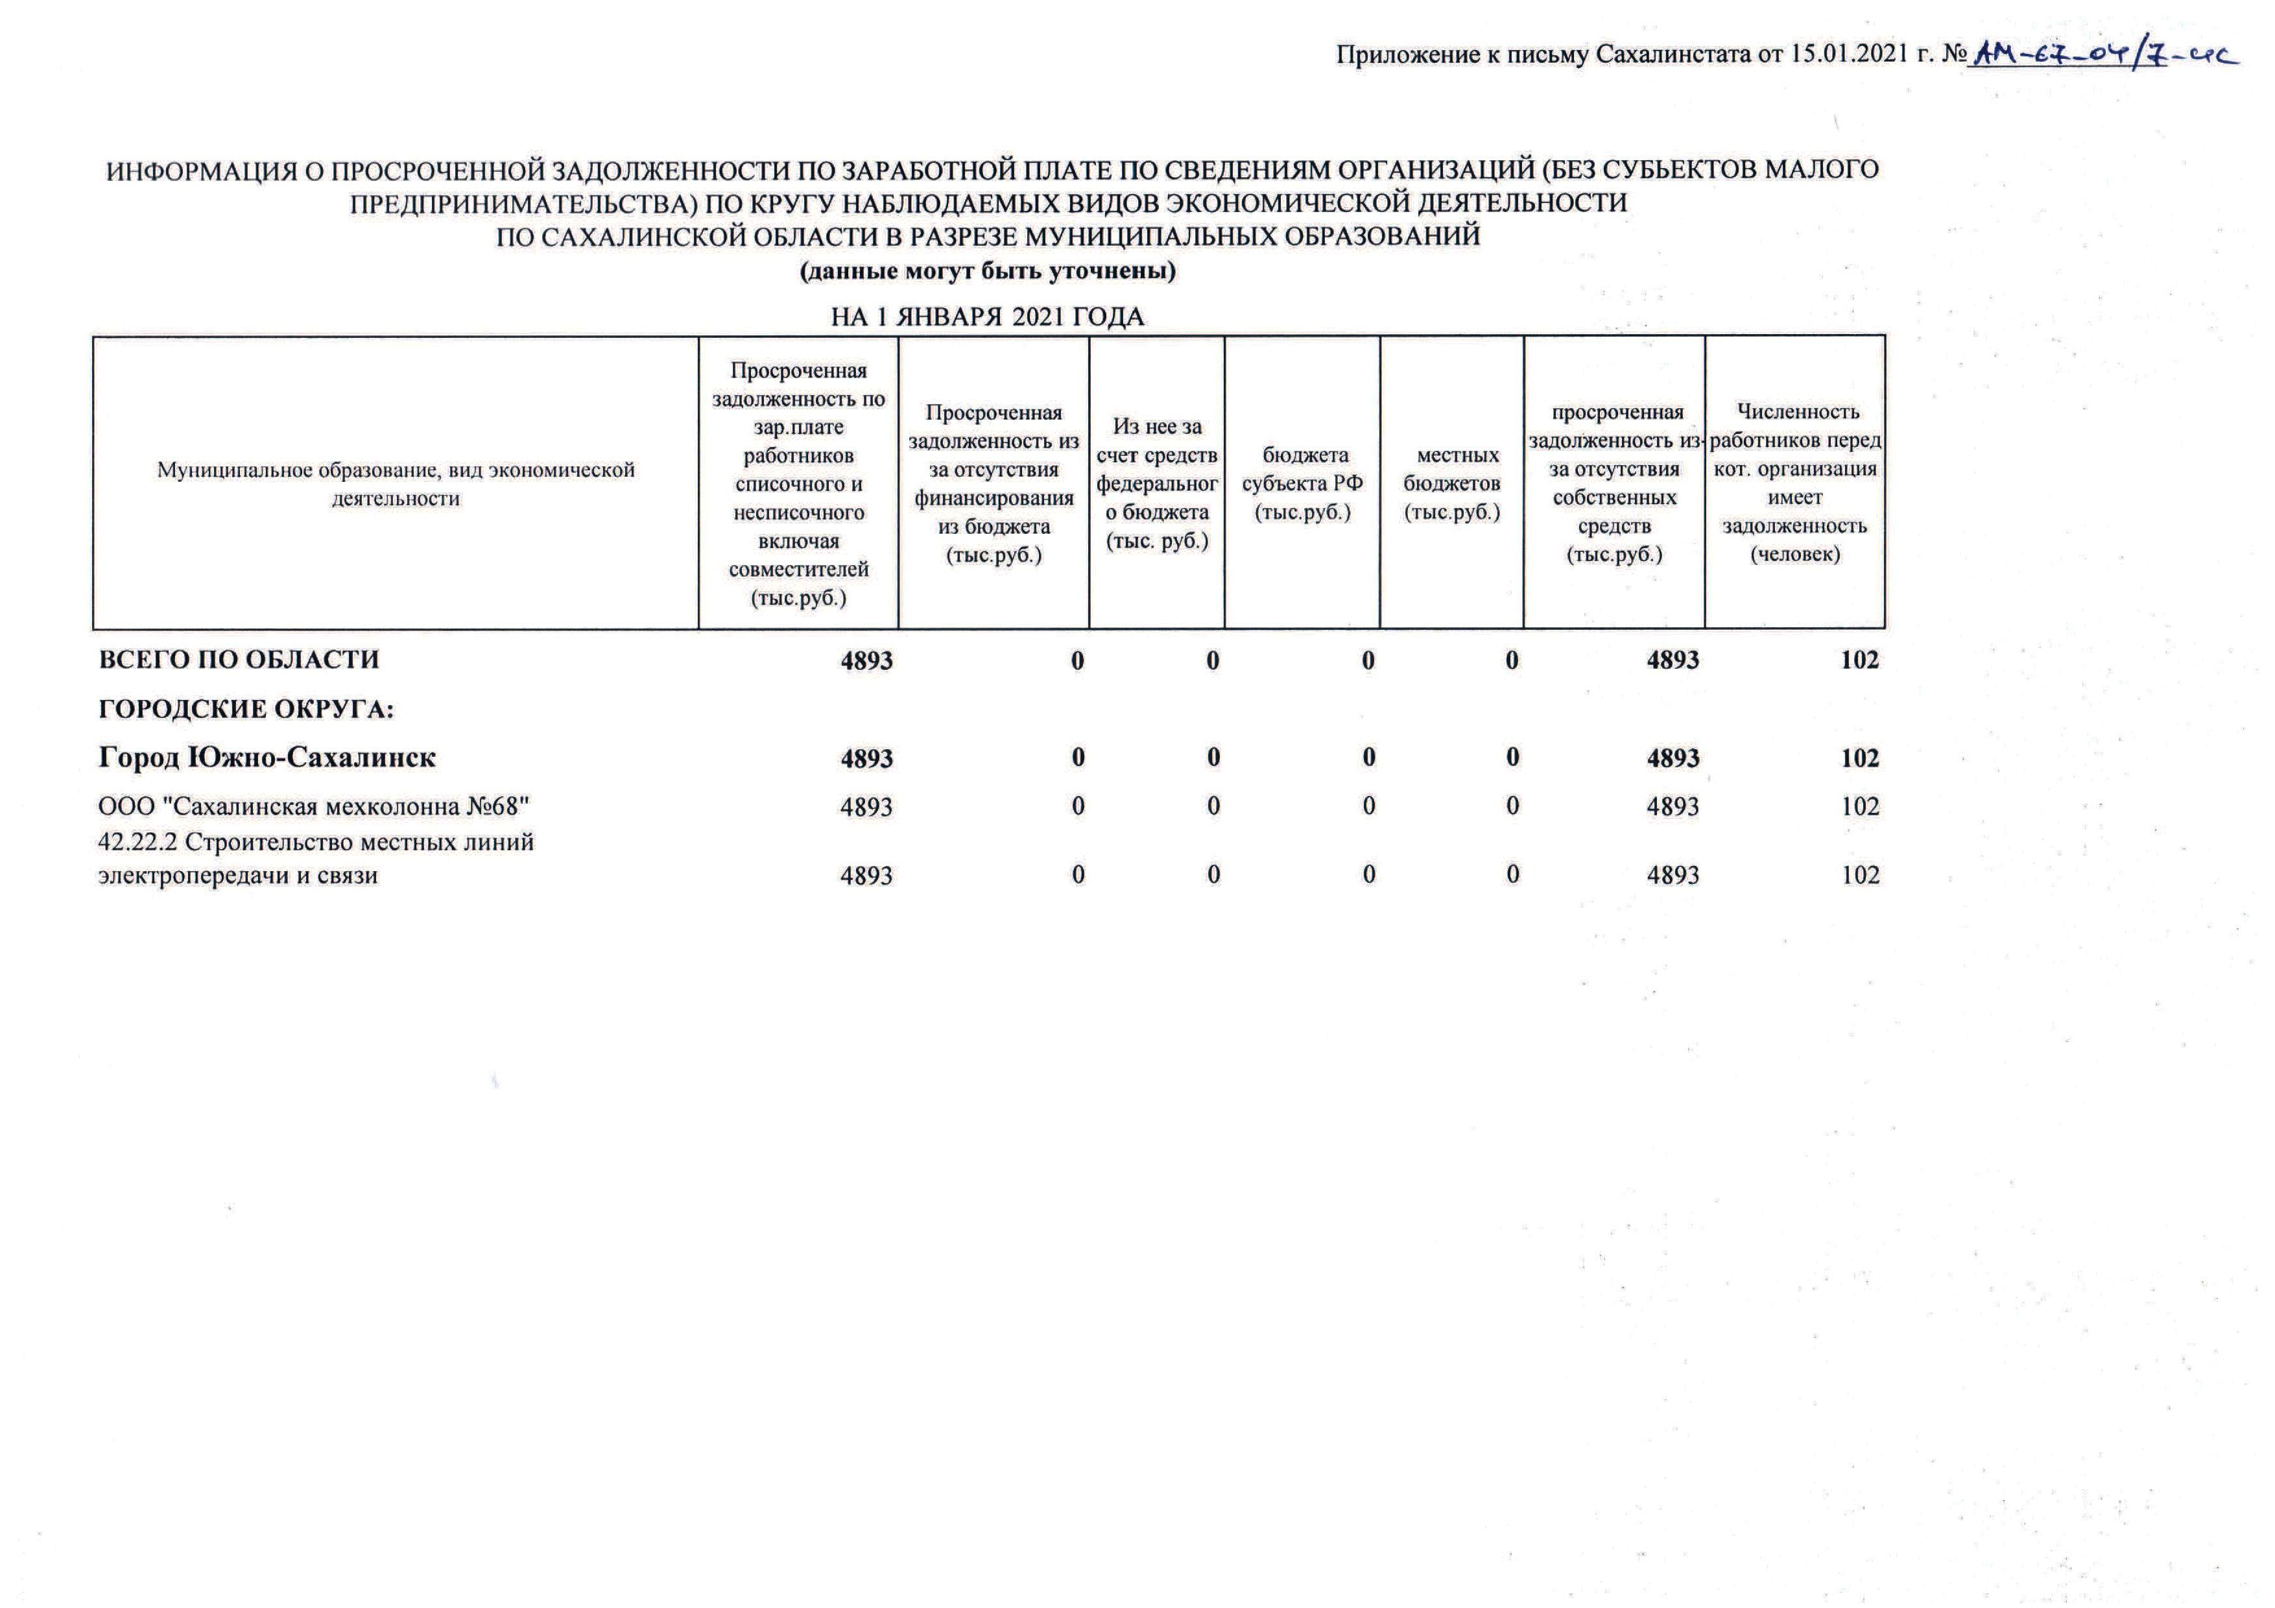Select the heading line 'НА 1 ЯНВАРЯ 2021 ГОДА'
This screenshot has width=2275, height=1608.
pyautogui.click(x=987, y=317)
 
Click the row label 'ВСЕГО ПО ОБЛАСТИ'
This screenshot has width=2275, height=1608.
pyautogui.click(x=239, y=660)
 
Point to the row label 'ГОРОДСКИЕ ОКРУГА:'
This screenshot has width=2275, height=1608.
pyautogui.click(x=246, y=710)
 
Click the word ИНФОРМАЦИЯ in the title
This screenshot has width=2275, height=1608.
pyautogui.click(x=201, y=171)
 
